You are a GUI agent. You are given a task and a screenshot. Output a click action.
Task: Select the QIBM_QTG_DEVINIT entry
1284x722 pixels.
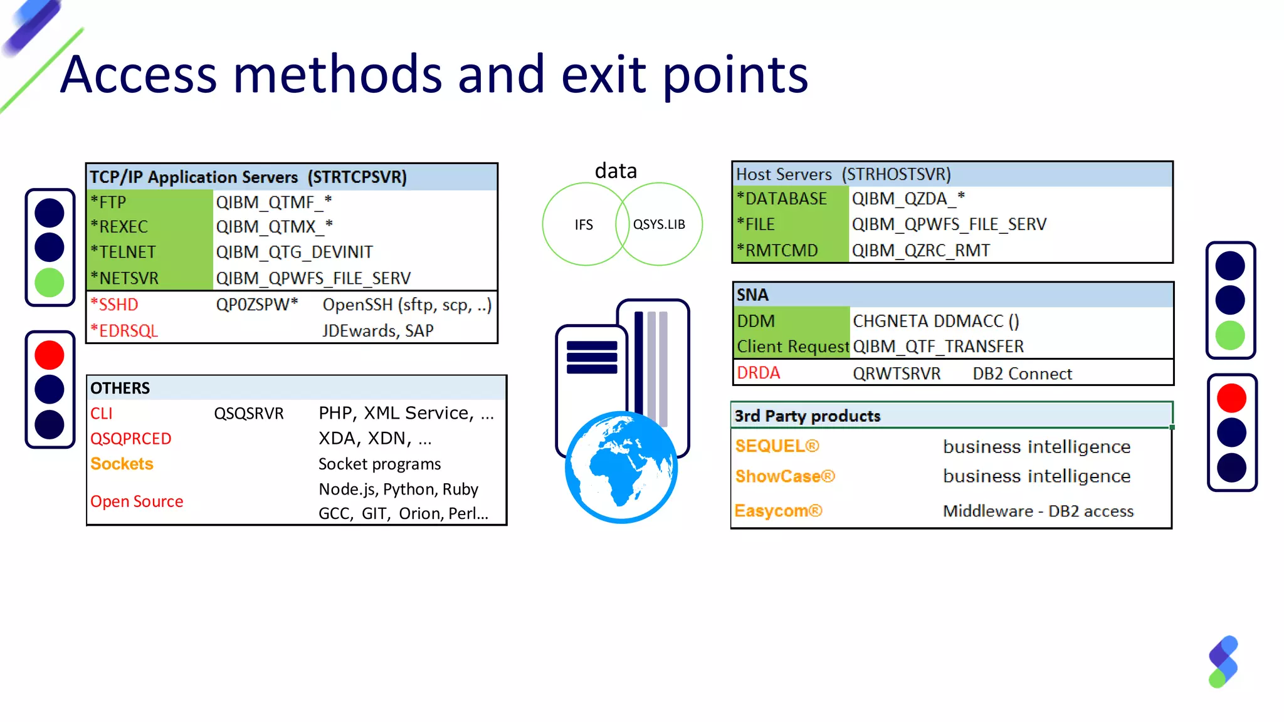(294, 252)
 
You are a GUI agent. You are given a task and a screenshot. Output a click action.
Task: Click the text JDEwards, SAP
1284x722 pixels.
(377, 331)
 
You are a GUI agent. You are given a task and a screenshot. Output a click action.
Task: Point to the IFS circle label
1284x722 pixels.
(583, 224)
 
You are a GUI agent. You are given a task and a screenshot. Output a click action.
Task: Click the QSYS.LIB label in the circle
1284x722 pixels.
(659, 224)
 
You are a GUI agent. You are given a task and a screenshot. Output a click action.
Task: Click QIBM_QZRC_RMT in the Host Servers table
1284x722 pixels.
(920, 251)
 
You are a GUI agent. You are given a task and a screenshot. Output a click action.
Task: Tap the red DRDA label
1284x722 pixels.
(758, 373)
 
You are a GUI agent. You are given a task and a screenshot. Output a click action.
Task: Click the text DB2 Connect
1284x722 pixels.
(1022, 374)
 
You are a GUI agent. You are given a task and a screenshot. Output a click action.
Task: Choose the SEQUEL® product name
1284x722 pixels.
(777, 446)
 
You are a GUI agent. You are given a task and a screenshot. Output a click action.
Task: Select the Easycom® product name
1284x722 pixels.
(777, 511)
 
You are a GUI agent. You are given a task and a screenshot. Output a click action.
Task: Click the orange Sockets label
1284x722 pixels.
(122, 464)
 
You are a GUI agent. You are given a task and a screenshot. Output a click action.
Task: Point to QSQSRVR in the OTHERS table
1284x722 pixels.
(248, 414)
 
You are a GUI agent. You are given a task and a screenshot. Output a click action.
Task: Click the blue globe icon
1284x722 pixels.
(621, 467)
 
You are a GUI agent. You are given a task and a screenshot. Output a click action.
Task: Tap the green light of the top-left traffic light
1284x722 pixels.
(50, 283)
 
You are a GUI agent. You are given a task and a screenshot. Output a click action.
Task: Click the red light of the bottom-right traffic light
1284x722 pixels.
(1231, 398)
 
